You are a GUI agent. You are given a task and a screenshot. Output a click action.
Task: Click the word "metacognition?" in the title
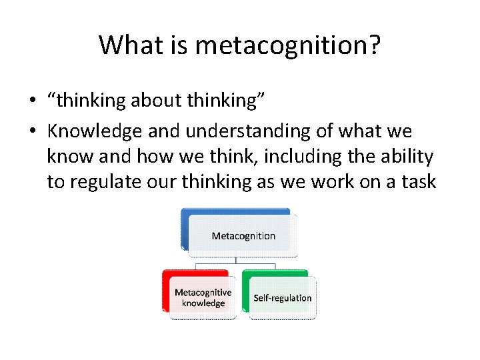(288, 45)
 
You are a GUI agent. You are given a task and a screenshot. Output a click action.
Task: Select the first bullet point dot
(32, 102)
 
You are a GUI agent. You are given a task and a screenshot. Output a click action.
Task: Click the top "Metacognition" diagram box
(243, 235)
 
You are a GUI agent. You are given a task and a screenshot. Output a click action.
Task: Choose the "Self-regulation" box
(282, 297)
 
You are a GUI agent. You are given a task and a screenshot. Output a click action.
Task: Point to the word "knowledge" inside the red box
(203, 303)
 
